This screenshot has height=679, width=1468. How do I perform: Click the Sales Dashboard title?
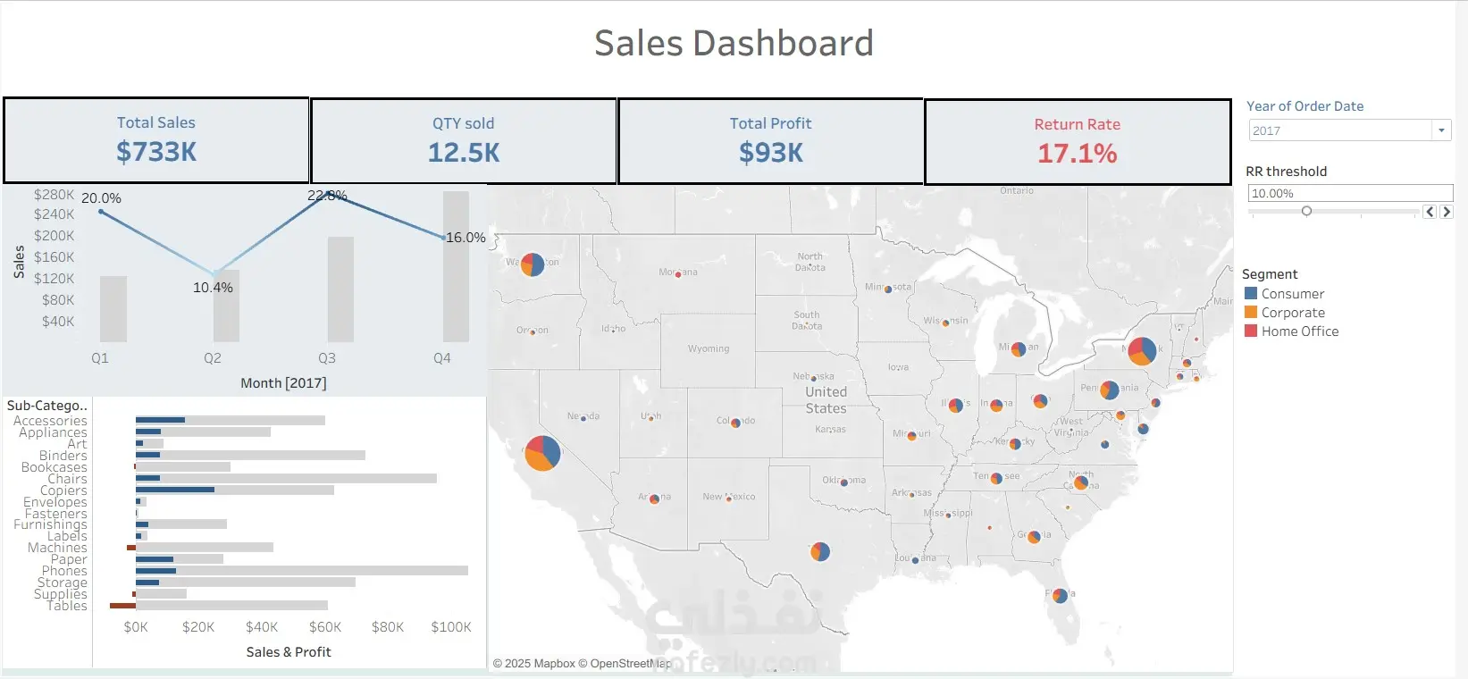[734, 43]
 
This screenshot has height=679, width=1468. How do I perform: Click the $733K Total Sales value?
[156, 152]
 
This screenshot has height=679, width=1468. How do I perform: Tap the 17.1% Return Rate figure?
[1077, 154]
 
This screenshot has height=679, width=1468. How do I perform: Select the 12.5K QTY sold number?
[463, 153]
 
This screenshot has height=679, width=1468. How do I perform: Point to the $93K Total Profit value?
[770, 153]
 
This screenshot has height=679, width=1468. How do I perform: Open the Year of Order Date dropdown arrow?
[1440, 130]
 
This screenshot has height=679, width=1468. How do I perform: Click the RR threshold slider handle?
[1306, 212]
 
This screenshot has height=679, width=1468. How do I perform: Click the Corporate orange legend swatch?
[1251, 312]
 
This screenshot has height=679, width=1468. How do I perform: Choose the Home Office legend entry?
[1299, 331]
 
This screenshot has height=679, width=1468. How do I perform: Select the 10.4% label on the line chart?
[213, 288]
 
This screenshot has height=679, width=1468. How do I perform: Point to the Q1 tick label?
[100, 358]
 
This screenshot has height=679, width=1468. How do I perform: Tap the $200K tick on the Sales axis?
[55, 236]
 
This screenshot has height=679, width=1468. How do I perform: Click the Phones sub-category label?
[64, 571]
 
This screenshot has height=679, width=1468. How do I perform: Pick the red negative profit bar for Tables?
[122, 606]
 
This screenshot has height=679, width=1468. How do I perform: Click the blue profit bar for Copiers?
[175, 490]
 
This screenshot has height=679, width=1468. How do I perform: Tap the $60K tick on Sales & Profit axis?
[325, 627]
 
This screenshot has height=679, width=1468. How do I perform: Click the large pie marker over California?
[542, 453]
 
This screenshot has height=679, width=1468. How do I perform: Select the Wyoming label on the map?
[709, 348]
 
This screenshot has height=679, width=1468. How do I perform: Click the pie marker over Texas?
[820, 551]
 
